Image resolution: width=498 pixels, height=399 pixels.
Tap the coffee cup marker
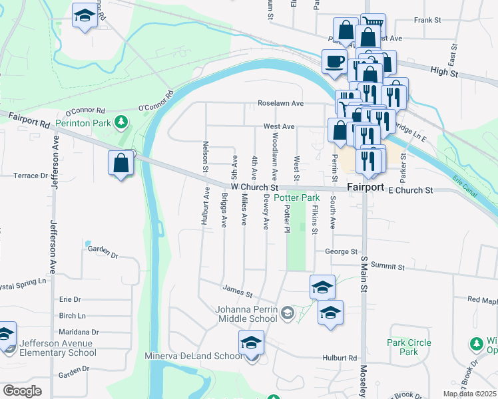tap(334, 63)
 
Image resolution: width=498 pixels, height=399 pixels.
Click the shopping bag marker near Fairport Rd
tap(121, 164)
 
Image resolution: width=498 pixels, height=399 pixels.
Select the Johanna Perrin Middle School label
tap(246, 313)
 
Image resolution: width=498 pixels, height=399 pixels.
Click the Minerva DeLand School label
tap(193, 356)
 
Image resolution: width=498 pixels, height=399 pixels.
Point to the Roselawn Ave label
tap(281, 104)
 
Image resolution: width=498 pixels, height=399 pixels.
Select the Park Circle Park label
tap(409, 346)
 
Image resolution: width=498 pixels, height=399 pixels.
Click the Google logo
tap(23, 391)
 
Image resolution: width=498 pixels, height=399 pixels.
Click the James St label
tap(238, 291)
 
